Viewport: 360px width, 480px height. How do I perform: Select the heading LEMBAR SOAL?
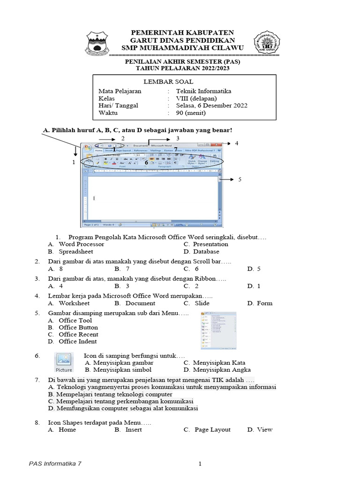pos(162,82)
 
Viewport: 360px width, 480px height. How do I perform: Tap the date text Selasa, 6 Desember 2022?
pos(212,105)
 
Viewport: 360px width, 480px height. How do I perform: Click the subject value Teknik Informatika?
pos(203,91)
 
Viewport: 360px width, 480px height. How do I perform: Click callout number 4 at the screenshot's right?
pos(237,143)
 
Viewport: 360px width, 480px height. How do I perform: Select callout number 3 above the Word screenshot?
pos(178,138)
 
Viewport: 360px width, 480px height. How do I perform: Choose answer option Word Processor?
pos(81,244)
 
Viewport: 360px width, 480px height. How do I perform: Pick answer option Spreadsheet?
pos(76,252)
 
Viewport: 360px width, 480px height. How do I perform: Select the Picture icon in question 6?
pos(64,362)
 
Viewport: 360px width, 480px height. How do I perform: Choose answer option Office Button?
pos(78,327)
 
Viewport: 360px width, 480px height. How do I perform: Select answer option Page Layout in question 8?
pos(212,429)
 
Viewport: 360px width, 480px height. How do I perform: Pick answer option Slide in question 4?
pos(202,303)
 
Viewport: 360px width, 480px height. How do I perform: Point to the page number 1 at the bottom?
pos(200,464)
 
